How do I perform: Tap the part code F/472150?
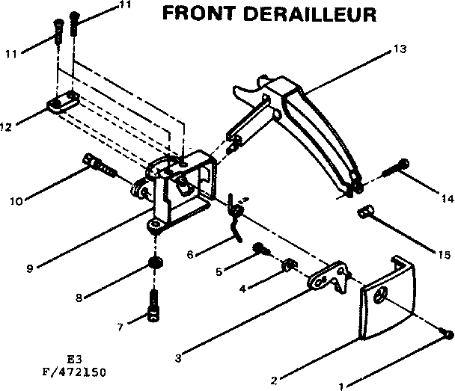(x=76, y=369)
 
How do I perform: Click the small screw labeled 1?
(x=447, y=333)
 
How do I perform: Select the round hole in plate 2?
(x=382, y=296)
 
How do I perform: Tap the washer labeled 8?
(x=155, y=263)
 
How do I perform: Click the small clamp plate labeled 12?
(x=64, y=102)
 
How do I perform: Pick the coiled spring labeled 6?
(x=235, y=218)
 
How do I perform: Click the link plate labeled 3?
(x=328, y=278)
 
